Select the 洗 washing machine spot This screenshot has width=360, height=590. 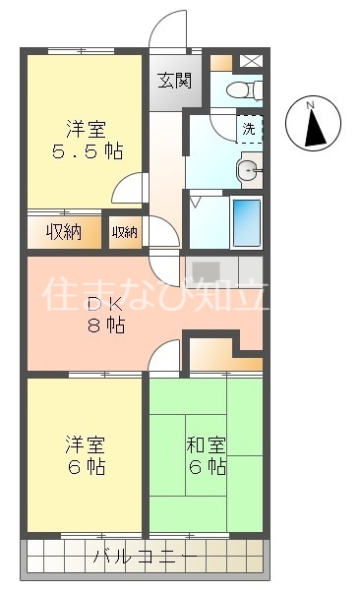[249, 128]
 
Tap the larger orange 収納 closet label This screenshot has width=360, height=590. [64, 233]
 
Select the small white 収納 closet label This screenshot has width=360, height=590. [125, 233]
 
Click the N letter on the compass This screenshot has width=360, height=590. [310, 105]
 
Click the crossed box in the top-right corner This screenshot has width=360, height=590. [251, 60]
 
